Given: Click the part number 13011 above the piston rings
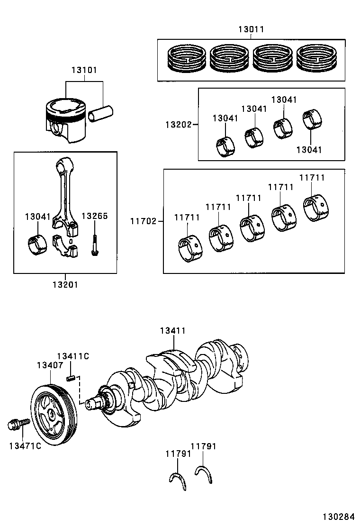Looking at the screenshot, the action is tap(251, 29).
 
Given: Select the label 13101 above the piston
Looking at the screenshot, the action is tap(84, 70).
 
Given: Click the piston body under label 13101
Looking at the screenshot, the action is tap(66, 120).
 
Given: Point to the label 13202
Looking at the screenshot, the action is tap(178, 125).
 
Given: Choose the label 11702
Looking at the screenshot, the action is tap(144, 221).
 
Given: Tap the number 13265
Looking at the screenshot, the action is tap(95, 216).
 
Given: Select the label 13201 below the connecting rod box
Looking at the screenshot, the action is tap(65, 285).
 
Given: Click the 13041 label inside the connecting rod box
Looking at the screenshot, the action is tap(37, 217).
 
